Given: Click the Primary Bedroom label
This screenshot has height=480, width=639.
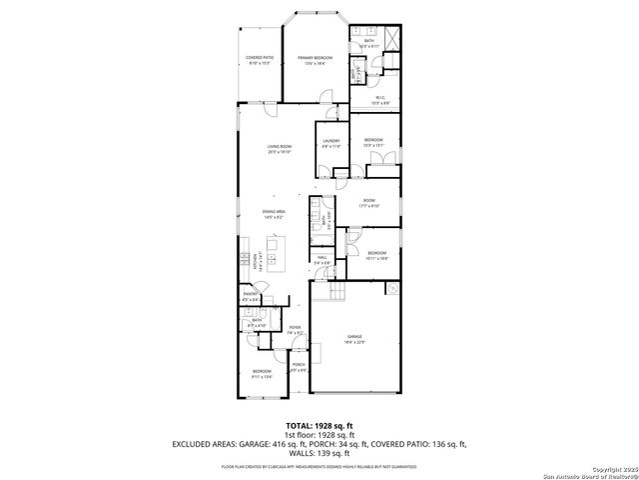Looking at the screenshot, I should tap(313, 60).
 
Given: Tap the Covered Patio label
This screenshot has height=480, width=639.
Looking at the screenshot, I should tap(260, 60).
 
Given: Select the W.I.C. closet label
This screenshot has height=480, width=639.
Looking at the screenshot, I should tap(380, 99).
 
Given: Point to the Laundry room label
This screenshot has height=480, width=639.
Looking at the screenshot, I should tap(330, 143).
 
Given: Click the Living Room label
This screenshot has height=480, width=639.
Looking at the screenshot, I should tap(279, 150).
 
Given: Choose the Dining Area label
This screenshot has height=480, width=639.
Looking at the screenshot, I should tap(275, 213).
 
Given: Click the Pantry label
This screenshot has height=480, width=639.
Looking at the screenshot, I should tap(250, 296).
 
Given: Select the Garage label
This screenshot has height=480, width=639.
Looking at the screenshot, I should tap(354, 339).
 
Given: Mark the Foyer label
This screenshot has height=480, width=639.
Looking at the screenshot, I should tap(295, 329).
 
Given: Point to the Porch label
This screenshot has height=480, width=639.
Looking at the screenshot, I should tap(298, 368).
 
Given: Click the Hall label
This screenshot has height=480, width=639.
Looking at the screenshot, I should tap(322, 260).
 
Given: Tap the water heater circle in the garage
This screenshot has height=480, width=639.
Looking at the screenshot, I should tap(393, 289).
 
